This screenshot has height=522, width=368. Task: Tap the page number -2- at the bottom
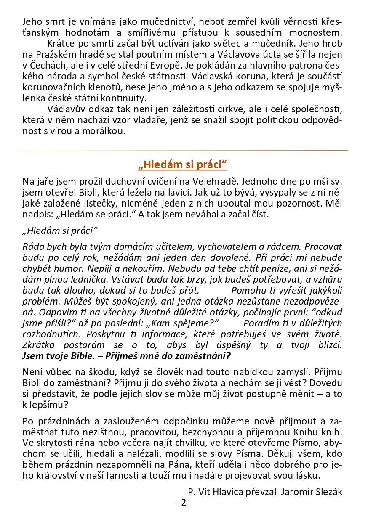click(x=184, y=502)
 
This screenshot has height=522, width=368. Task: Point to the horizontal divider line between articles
click(x=182, y=150)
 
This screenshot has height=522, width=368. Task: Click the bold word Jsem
click(x=32, y=356)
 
